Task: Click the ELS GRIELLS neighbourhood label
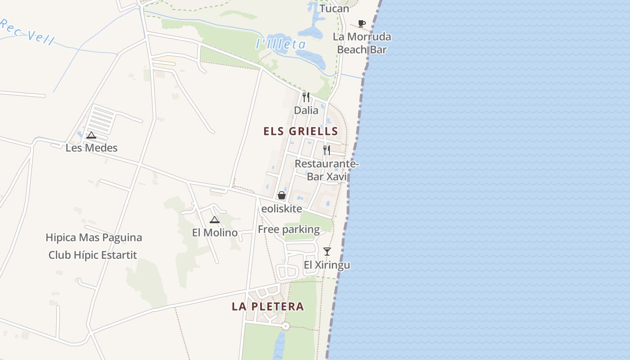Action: point(301,131)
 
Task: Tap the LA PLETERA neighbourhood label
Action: point(268,306)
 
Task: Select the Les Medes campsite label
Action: point(91,148)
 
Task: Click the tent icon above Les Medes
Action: point(91,135)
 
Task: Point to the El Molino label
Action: point(215,233)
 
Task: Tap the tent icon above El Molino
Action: point(215,220)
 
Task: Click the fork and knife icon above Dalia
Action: point(306,97)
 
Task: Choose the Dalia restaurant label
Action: point(306,110)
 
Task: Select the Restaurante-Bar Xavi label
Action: point(327,170)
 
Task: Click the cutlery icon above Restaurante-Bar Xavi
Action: point(327,150)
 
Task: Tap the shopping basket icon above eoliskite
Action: point(282,195)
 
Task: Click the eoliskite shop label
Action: point(282,209)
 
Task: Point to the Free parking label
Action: point(288,229)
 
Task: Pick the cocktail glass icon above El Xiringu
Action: point(327,252)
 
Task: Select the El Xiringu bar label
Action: point(327,265)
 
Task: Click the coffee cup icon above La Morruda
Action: point(362,23)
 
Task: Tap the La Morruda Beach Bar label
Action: point(362,43)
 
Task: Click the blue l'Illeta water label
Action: point(281,44)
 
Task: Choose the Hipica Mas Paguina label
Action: point(94,238)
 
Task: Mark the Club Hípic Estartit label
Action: point(93,255)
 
